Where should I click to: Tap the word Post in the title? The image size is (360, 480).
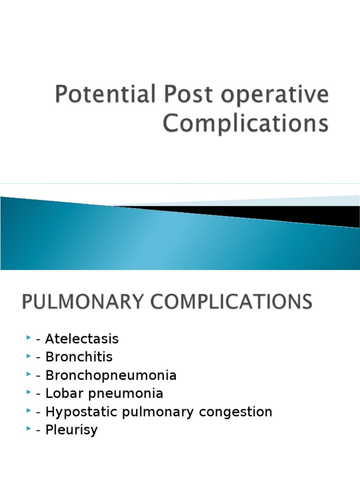[175, 95]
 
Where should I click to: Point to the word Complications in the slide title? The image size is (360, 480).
[245, 123]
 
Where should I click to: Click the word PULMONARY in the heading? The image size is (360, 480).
[81, 301]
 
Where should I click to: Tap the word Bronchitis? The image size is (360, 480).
[79, 357]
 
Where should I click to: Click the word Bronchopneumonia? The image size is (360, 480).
[111, 375]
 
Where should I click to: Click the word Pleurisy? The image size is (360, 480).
[71, 430]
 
